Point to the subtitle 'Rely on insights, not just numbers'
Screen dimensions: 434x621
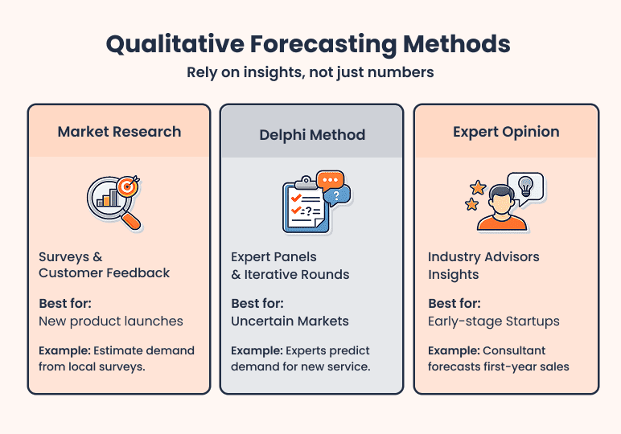click(x=310, y=72)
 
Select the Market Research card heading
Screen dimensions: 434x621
click(x=119, y=132)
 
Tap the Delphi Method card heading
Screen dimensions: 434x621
click(x=312, y=134)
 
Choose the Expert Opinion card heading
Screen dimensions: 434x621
click(x=506, y=132)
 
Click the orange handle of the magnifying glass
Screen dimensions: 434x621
click(x=133, y=219)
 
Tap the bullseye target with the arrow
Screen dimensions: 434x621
click(x=127, y=186)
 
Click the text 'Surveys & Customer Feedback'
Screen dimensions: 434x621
click(x=104, y=265)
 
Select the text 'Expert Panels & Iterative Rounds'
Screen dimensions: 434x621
click(x=290, y=265)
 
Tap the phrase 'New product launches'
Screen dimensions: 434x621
click(x=111, y=321)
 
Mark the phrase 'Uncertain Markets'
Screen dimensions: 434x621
click(x=290, y=321)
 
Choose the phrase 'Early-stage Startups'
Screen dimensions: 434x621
click(x=493, y=321)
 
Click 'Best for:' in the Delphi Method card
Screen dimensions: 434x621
click(x=257, y=304)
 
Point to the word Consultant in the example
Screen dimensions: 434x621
click(x=515, y=351)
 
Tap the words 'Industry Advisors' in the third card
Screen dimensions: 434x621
click(x=483, y=257)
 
